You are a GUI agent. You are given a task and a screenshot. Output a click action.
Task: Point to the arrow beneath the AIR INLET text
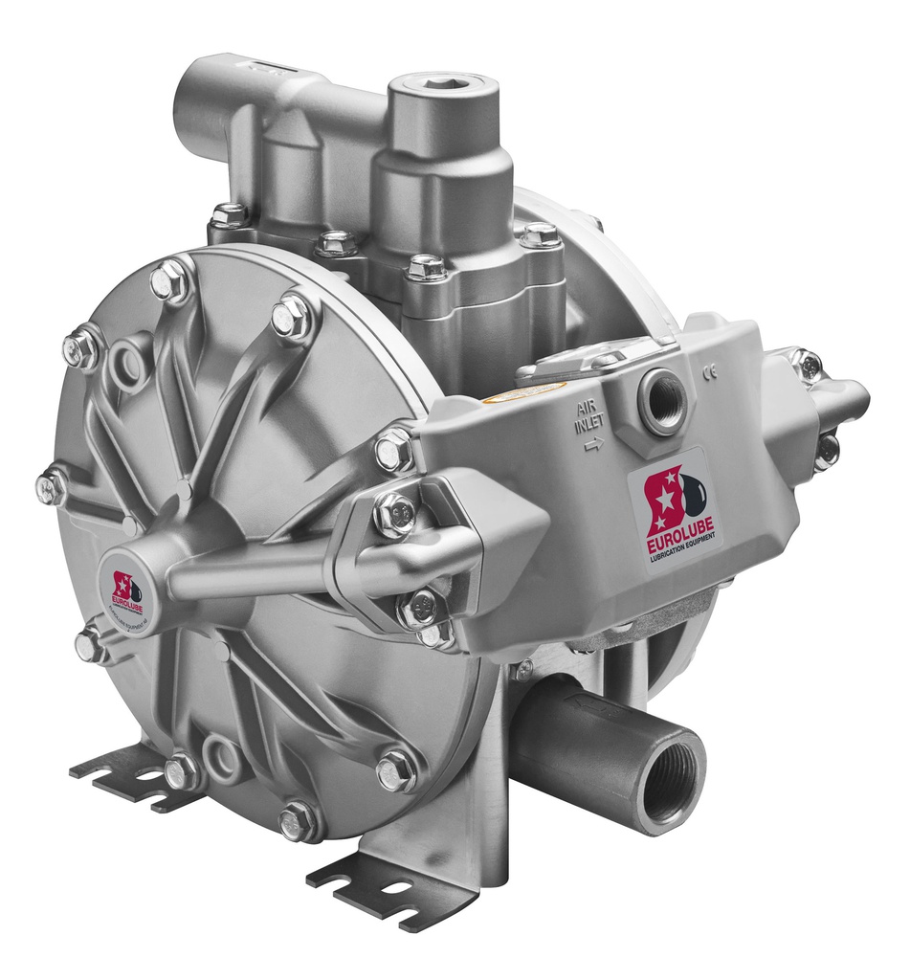click(594, 443)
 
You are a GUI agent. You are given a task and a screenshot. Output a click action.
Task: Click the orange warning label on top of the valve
click(509, 393)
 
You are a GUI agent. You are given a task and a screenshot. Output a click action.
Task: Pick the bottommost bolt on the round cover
click(298, 820)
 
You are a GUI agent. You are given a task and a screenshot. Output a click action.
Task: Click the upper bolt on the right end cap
click(807, 365)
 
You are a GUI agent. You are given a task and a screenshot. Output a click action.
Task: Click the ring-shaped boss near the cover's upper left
click(126, 363)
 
